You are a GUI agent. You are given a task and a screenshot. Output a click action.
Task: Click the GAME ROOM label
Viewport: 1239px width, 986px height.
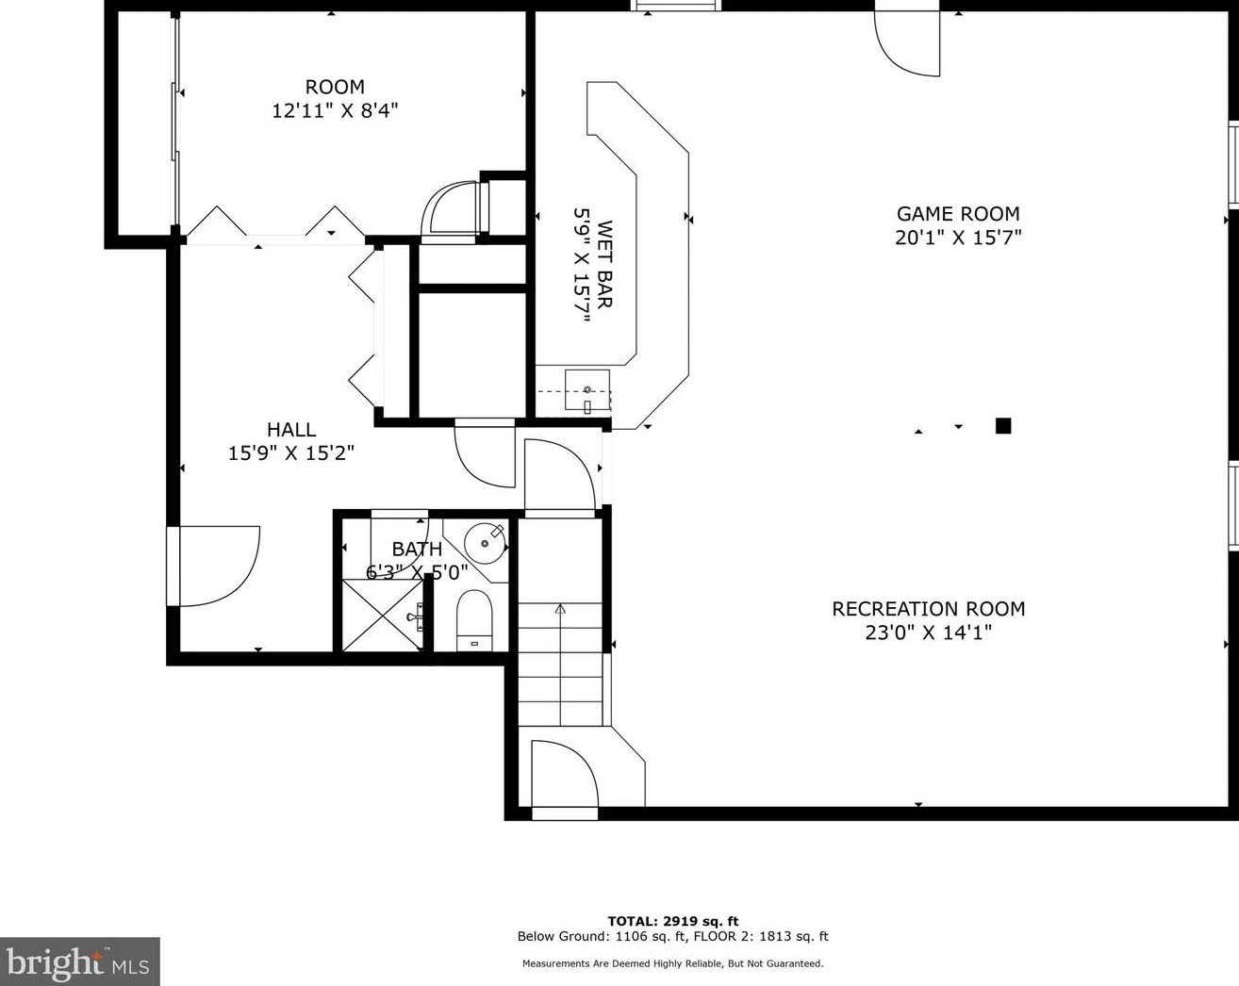click(958, 214)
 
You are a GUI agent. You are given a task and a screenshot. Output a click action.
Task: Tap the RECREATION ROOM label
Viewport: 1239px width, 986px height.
click(928, 609)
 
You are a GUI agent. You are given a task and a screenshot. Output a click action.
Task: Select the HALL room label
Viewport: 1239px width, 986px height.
click(291, 430)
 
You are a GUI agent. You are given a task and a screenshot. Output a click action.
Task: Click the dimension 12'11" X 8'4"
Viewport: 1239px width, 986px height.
click(335, 111)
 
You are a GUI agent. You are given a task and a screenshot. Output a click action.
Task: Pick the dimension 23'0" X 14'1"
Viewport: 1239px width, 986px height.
click(928, 633)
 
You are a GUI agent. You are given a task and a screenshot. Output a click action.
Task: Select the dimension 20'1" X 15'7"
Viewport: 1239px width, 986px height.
click(958, 238)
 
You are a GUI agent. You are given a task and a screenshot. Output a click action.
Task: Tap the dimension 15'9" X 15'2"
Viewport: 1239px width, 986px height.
click(291, 453)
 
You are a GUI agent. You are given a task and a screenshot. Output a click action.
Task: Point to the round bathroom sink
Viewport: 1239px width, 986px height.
click(486, 543)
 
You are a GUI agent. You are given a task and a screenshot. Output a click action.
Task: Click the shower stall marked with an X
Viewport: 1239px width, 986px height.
click(382, 616)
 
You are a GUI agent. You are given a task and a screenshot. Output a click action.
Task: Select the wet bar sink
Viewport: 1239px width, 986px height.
click(586, 390)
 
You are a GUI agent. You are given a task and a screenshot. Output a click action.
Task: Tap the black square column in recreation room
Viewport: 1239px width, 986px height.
click(1003, 426)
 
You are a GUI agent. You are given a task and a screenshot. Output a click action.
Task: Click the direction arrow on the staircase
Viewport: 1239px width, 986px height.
click(560, 610)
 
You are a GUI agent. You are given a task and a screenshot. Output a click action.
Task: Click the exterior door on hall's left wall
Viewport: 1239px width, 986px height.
click(215, 566)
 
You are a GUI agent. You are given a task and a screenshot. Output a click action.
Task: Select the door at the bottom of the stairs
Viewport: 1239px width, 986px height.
click(564, 774)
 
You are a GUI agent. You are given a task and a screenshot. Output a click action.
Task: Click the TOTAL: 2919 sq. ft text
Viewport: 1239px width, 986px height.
click(672, 921)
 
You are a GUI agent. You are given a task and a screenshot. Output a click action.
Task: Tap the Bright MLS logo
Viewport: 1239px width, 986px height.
click(79, 962)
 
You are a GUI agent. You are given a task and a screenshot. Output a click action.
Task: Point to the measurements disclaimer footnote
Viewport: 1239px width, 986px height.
click(672, 963)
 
